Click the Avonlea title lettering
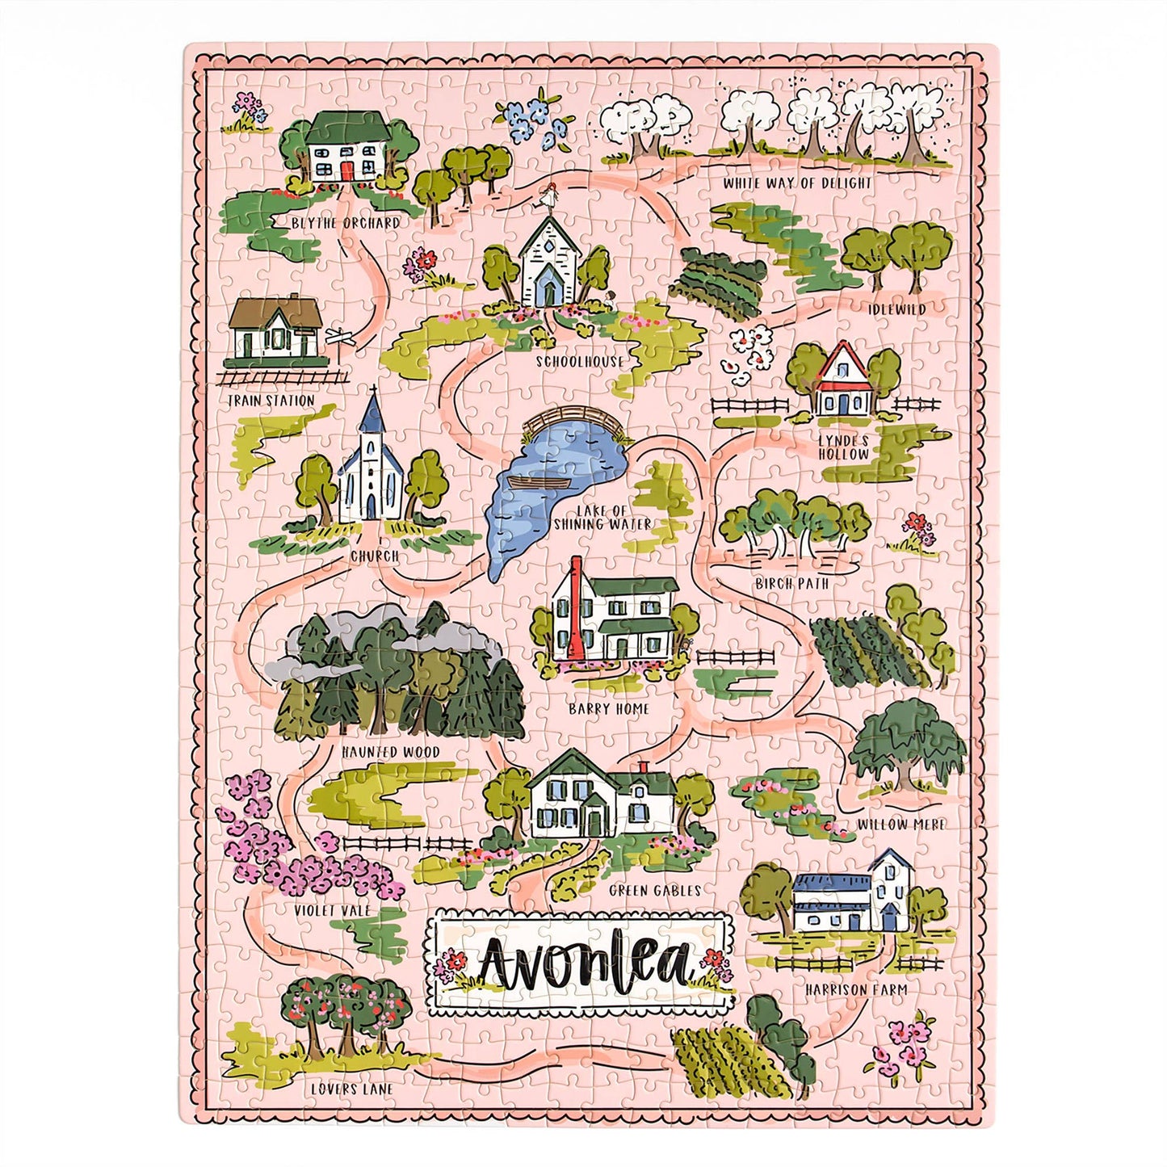[583, 963]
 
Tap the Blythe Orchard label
[346, 223]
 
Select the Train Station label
[271, 401]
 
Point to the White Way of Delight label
[797, 183]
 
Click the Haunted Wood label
[390, 752]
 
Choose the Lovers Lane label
[352, 1089]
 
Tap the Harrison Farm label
[855, 989]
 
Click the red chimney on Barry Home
[576, 606]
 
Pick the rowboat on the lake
[539, 482]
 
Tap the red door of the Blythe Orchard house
[346, 171]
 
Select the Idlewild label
[896, 309]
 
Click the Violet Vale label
[332, 910]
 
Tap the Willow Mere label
[900, 825]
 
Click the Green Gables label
[655, 890]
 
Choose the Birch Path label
[792, 583]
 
